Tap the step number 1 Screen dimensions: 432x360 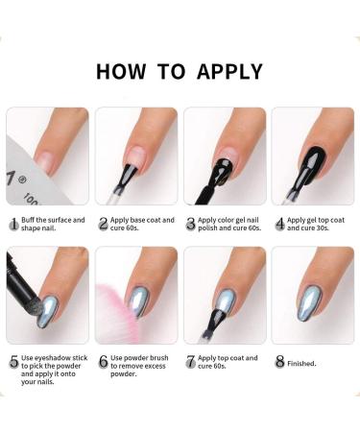[x=13, y=224]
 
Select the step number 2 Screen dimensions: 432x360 [x=102, y=224]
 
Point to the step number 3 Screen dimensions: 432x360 [x=190, y=224]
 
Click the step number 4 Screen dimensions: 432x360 [x=278, y=224]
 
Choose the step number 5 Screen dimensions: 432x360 [x=13, y=363]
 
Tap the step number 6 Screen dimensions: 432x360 [x=102, y=363]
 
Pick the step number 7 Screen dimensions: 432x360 [x=190, y=363]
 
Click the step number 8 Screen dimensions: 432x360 [x=278, y=363]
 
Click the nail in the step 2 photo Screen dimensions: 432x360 [x=134, y=144]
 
